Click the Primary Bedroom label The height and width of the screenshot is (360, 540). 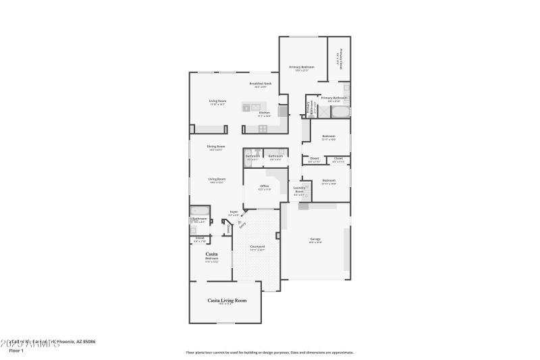coord(302,67)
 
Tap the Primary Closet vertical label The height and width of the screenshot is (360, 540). coord(341,59)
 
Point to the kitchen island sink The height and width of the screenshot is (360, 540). coord(247,107)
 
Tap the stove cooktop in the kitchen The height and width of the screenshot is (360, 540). coord(263,129)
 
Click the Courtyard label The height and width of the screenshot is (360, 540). coord(257,247)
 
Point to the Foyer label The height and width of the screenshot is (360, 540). coord(233,212)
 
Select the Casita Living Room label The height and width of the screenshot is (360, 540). coord(226,300)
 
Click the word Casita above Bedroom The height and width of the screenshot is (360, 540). coord(211,253)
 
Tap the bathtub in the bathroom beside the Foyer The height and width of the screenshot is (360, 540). coord(200,210)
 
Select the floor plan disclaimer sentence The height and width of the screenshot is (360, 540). coord(269,352)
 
